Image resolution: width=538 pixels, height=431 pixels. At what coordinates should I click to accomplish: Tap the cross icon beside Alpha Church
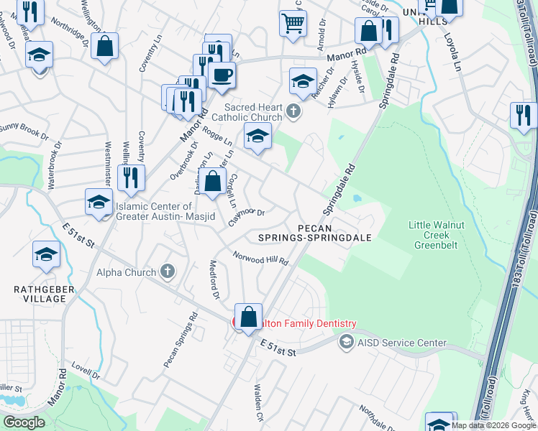(167, 272)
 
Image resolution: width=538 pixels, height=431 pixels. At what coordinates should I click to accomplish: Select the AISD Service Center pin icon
(347, 343)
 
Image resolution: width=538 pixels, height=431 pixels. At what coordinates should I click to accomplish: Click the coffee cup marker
(222, 74)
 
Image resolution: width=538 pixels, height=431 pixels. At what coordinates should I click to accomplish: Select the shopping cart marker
(293, 24)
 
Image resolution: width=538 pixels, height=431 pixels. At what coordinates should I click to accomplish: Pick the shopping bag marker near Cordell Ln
(213, 182)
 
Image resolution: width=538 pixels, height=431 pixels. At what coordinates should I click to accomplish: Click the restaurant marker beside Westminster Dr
(131, 177)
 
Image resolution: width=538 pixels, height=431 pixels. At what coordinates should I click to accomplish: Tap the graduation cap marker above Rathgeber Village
(46, 255)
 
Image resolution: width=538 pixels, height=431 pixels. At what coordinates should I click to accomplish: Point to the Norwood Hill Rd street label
(260, 258)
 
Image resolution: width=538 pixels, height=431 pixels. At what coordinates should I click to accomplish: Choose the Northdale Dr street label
(377, 414)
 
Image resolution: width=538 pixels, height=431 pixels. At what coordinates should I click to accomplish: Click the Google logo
(24, 422)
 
